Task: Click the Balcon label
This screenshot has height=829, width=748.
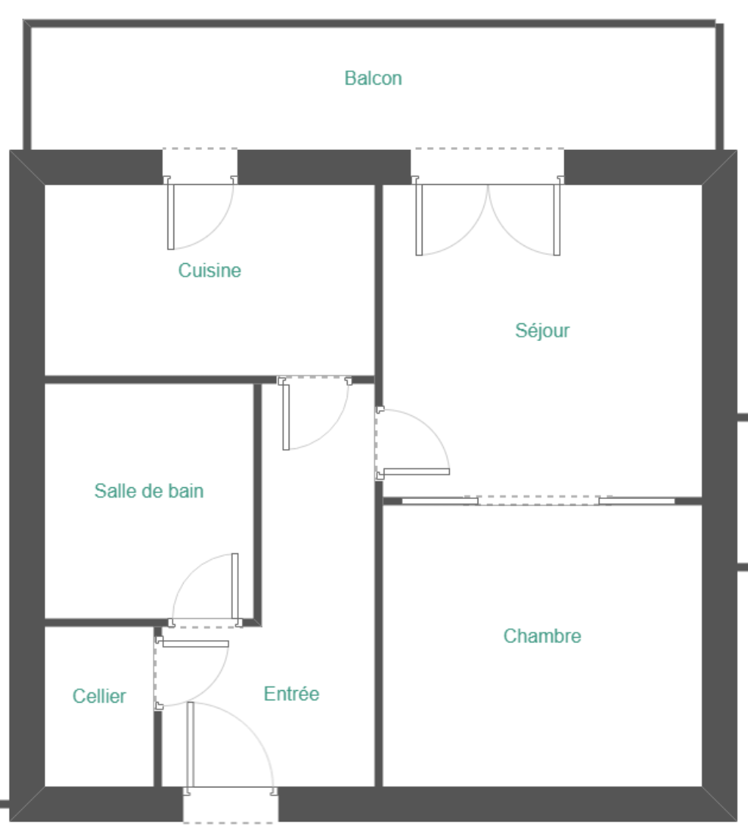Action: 373,78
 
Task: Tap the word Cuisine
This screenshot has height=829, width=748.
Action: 210,270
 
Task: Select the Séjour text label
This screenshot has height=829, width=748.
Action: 542,331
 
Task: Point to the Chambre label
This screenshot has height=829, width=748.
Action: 542,636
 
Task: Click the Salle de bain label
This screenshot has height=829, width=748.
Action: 149,491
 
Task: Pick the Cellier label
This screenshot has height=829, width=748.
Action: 99,696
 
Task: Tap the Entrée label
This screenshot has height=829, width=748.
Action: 291,694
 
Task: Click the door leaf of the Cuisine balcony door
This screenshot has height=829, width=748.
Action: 170,217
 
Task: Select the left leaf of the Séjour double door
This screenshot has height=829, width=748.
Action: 420,220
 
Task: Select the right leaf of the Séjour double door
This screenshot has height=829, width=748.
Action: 557,220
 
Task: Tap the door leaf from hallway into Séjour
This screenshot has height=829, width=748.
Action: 417,472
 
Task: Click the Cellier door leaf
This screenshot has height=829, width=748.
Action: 195,644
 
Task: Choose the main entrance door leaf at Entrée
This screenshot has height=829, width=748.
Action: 190,744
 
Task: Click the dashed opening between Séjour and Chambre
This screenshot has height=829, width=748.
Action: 538,500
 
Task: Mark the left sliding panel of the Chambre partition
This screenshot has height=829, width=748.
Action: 440,500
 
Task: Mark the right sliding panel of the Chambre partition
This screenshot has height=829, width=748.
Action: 636,500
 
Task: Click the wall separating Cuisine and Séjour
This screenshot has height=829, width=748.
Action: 378,280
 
